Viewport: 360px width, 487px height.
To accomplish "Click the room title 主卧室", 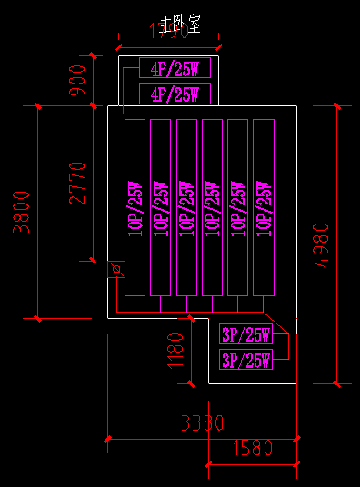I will pos(178,23).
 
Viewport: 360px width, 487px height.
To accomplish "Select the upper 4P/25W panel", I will pos(175,68).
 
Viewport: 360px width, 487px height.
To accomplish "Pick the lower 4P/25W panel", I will pos(175,94).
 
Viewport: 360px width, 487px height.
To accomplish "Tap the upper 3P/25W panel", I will pos(245,335).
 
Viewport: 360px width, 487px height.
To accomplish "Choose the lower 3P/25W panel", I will pos(245,360).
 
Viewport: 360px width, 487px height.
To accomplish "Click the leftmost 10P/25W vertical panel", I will pos(135,208).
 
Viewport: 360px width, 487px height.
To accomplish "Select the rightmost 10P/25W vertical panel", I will pos(264,208).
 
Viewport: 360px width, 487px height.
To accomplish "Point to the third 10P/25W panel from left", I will pos(187,208).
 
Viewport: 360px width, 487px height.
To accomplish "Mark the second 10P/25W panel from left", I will pos(161,208).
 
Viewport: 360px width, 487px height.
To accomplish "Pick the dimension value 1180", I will pos(175,351).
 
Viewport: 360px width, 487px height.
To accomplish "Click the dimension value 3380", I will pos(202,423).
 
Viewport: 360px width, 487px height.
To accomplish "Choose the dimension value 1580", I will pos(253,447).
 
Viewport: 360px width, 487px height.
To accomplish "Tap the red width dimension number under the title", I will pos(169,33).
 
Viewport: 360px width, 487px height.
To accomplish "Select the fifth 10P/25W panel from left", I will pos(238,208).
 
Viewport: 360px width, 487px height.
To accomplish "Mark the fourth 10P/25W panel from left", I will pos(213,208).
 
